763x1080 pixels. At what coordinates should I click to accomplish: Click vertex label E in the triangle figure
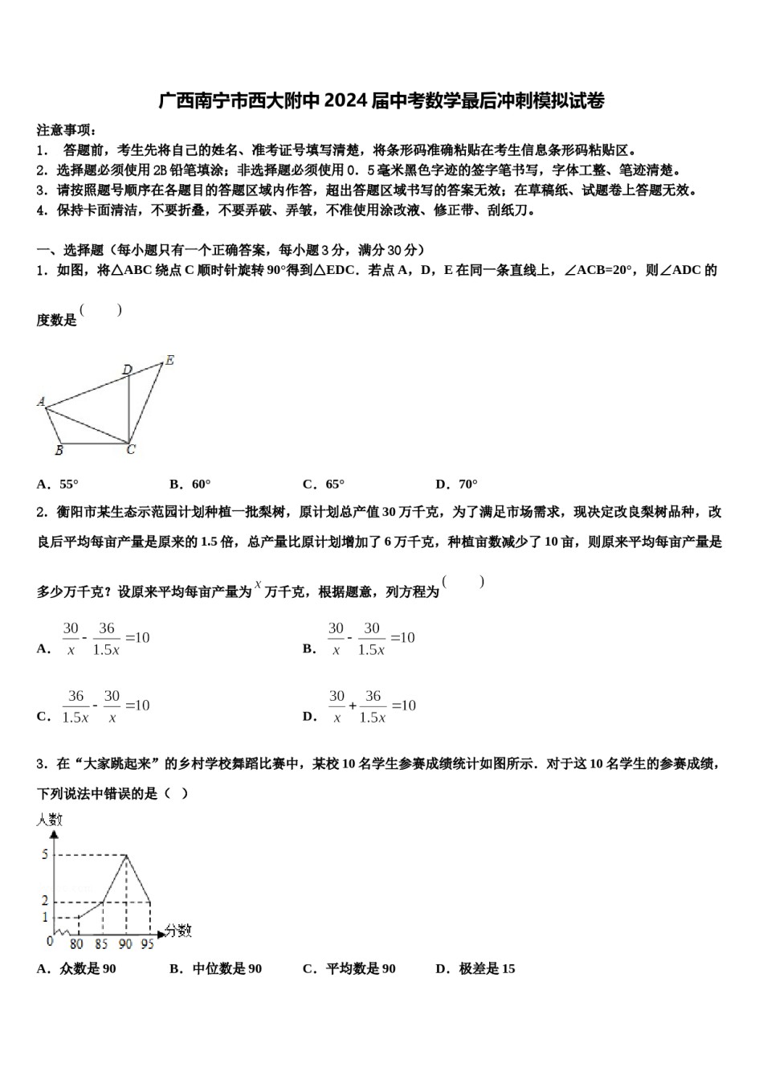[x=169, y=361]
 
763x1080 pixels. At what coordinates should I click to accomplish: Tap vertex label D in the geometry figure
[x=127, y=370]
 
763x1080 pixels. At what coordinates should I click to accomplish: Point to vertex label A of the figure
[x=41, y=401]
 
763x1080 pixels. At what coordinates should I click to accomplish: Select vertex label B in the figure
[x=59, y=451]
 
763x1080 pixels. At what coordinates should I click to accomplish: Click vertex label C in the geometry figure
[x=131, y=451]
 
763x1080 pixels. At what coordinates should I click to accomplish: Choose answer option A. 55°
[x=58, y=484]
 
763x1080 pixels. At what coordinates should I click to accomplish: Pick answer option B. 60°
[x=190, y=484]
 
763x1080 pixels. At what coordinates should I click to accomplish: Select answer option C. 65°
[x=324, y=484]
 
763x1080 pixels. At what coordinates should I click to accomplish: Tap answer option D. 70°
[x=456, y=484]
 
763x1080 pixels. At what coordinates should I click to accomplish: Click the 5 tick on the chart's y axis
[x=45, y=854]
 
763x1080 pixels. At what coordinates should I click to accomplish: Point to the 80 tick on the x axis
[x=77, y=944]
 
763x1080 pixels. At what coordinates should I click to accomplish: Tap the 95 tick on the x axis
[x=147, y=944]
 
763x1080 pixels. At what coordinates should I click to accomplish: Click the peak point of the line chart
[x=126, y=855]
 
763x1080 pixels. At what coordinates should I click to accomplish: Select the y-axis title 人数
[x=49, y=820]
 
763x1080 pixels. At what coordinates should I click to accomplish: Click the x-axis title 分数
[x=178, y=931]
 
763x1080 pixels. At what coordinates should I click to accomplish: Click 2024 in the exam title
[x=347, y=100]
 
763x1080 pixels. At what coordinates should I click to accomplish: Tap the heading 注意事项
[x=67, y=130]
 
